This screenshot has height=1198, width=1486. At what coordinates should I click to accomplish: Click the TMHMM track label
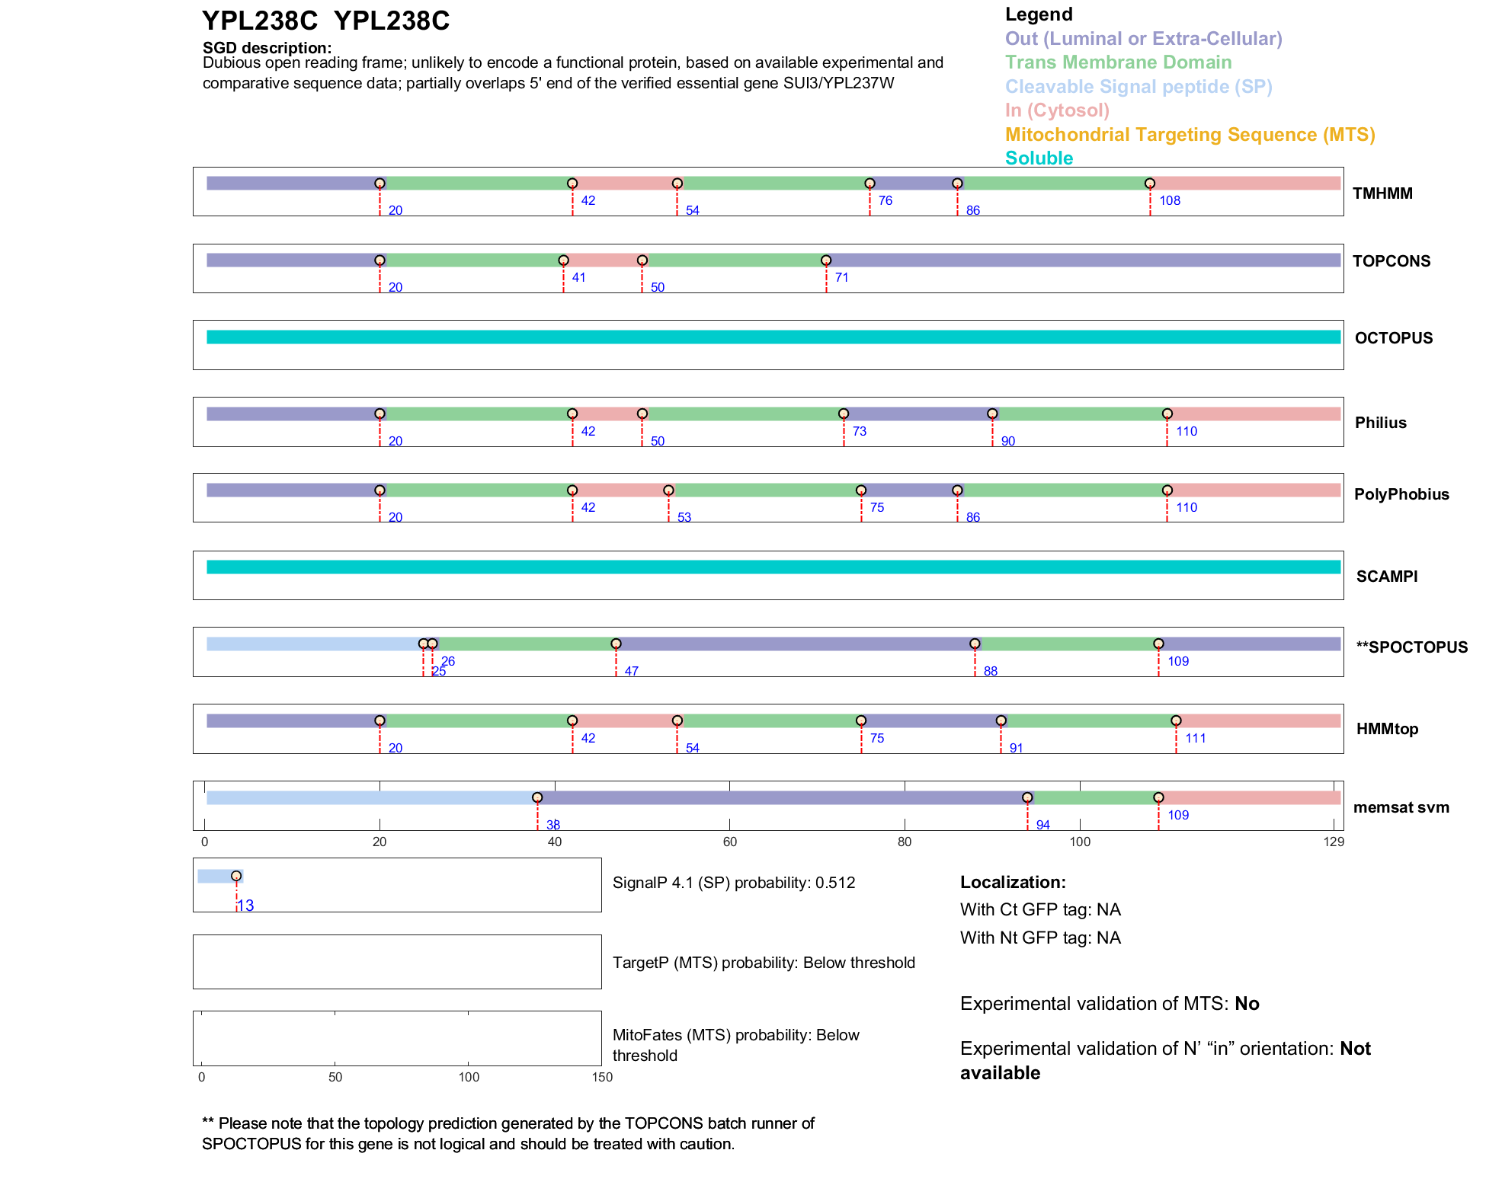[1382, 193]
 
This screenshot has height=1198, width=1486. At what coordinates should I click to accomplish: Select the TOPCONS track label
[1391, 261]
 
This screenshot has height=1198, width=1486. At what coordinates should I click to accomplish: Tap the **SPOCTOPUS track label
[1411, 647]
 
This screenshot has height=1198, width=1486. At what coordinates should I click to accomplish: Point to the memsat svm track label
[1401, 807]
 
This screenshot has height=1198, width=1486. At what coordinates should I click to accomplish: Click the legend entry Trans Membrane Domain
[1118, 62]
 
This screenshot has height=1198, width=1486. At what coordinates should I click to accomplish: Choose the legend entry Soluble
[1039, 158]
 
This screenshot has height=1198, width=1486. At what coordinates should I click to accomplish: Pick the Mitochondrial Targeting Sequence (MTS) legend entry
[1190, 135]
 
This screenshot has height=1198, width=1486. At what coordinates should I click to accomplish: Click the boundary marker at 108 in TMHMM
[1150, 184]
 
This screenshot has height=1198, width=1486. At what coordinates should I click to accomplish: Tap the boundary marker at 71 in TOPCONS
[826, 260]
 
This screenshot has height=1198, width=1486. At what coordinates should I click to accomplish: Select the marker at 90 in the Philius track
[992, 414]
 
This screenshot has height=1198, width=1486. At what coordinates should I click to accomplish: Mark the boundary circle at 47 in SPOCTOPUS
[616, 644]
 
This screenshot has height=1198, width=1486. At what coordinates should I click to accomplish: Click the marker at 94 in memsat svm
[1027, 797]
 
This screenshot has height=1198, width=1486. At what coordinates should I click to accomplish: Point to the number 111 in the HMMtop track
[1195, 738]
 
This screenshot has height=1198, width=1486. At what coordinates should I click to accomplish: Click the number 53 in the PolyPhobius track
[684, 518]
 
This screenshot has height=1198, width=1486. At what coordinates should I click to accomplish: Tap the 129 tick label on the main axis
[1334, 842]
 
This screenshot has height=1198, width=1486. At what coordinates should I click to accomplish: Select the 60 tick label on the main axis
[729, 842]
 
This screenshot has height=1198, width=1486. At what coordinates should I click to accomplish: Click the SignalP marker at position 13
[236, 876]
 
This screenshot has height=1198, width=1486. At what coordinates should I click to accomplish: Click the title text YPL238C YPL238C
[325, 21]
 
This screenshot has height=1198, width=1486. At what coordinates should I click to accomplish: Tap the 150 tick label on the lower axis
[602, 1077]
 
